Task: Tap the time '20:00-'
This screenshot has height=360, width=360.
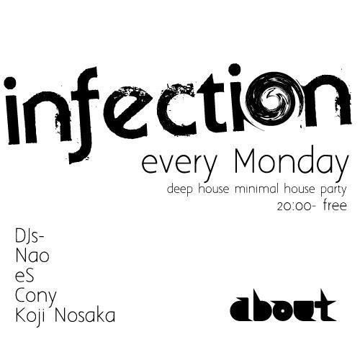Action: click(295, 207)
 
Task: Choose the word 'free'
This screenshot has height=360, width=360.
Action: click(335, 207)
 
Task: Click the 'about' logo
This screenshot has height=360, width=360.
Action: click(283, 306)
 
